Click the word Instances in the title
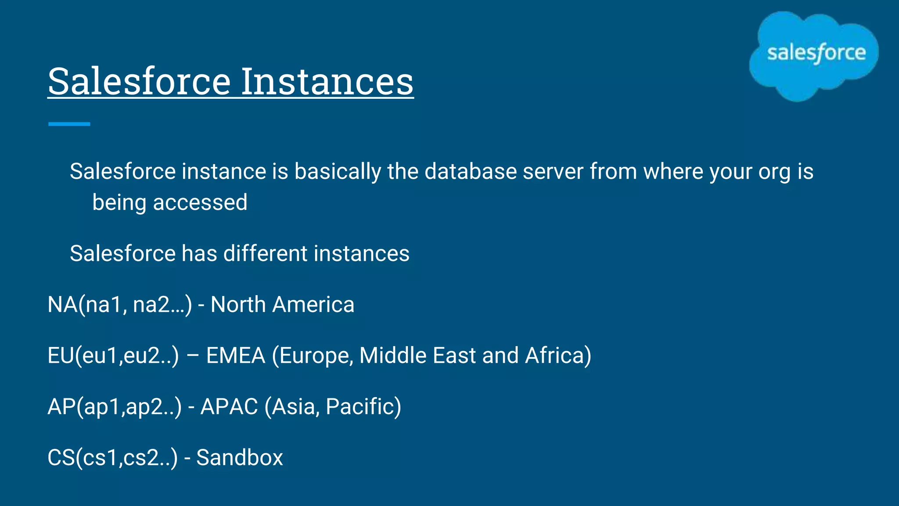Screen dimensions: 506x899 [x=327, y=81]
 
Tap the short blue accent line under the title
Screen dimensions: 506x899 [x=69, y=124]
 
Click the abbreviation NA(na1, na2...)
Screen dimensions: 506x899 [x=119, y=304]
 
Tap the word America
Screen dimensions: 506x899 [x=313, y=304]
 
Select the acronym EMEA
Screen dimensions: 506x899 [x=235, y=355]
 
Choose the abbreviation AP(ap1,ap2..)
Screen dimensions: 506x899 [x=114, y=406]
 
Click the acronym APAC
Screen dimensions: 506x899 [x=229, y=406]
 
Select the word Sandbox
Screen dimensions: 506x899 [x=239, y=457]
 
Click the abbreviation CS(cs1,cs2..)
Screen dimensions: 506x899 [x=113, y=457]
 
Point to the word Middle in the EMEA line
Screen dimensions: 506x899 [x=392, y=355]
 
